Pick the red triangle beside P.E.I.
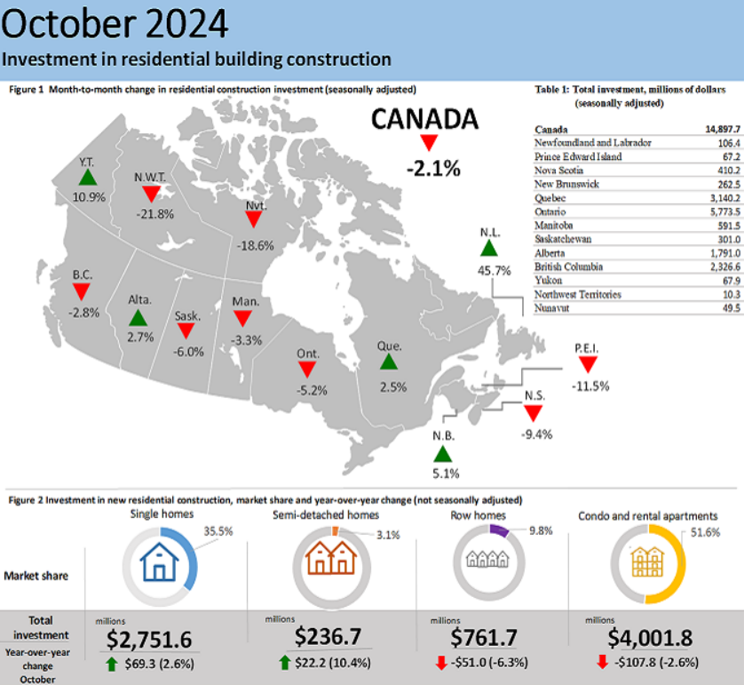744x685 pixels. point(586,364)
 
